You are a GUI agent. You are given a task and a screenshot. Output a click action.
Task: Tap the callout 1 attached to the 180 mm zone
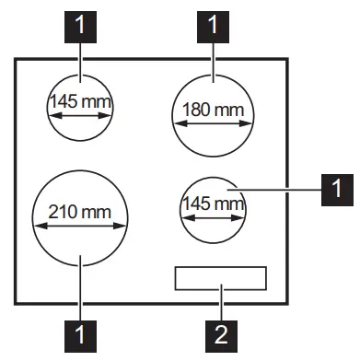click(x=214, y=26)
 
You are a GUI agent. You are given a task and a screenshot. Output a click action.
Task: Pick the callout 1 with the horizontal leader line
click(x=334, y=190)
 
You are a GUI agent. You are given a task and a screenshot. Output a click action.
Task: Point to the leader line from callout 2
click(x=220, y=304)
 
